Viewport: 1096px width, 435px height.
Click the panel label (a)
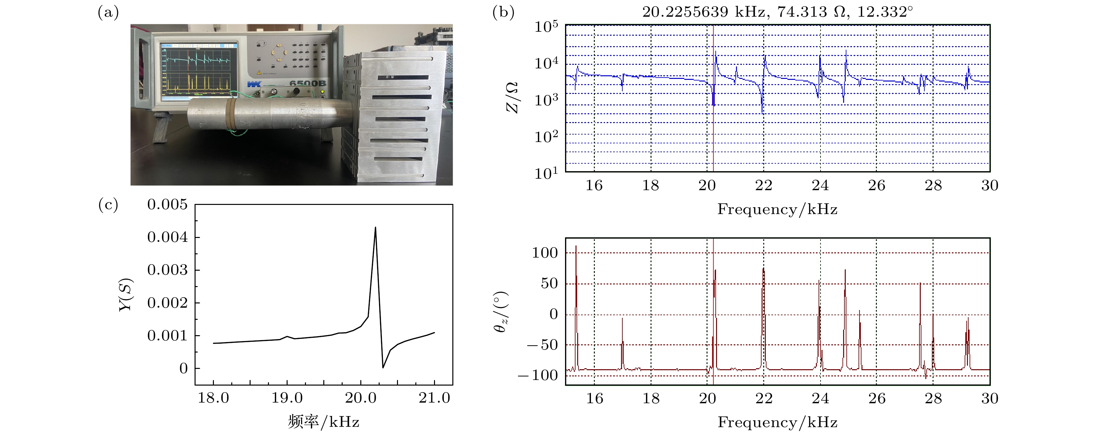click(108, 13)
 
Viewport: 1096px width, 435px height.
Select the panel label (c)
click(108, 205)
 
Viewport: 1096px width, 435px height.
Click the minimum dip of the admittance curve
click(383, 367)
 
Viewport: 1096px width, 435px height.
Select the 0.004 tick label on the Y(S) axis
click(167, 237)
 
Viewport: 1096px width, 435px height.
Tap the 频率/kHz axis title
click(323, 422)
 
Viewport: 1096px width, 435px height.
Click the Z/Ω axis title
click(512, 98)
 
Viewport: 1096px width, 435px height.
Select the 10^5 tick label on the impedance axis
click(546, 27)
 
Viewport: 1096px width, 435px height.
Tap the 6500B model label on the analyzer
click(308, 83)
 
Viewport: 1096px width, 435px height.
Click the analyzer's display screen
click(198, 71)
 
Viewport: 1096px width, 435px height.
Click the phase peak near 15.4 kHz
click(576, 246)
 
